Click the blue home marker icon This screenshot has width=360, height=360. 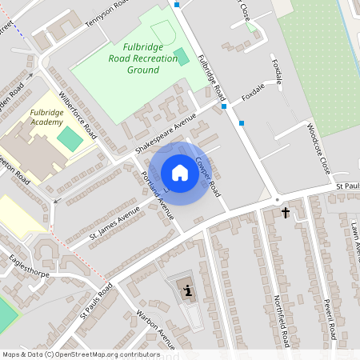[x=180, y=173]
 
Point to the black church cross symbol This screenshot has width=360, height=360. [x=286, y=212]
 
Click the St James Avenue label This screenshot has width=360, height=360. [x=114, y=226]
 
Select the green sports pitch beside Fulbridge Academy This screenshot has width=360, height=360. [x=70, y=139]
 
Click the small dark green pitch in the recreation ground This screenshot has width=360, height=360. [x=182, y=57]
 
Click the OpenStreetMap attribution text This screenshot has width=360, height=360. [x=81, y=354]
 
